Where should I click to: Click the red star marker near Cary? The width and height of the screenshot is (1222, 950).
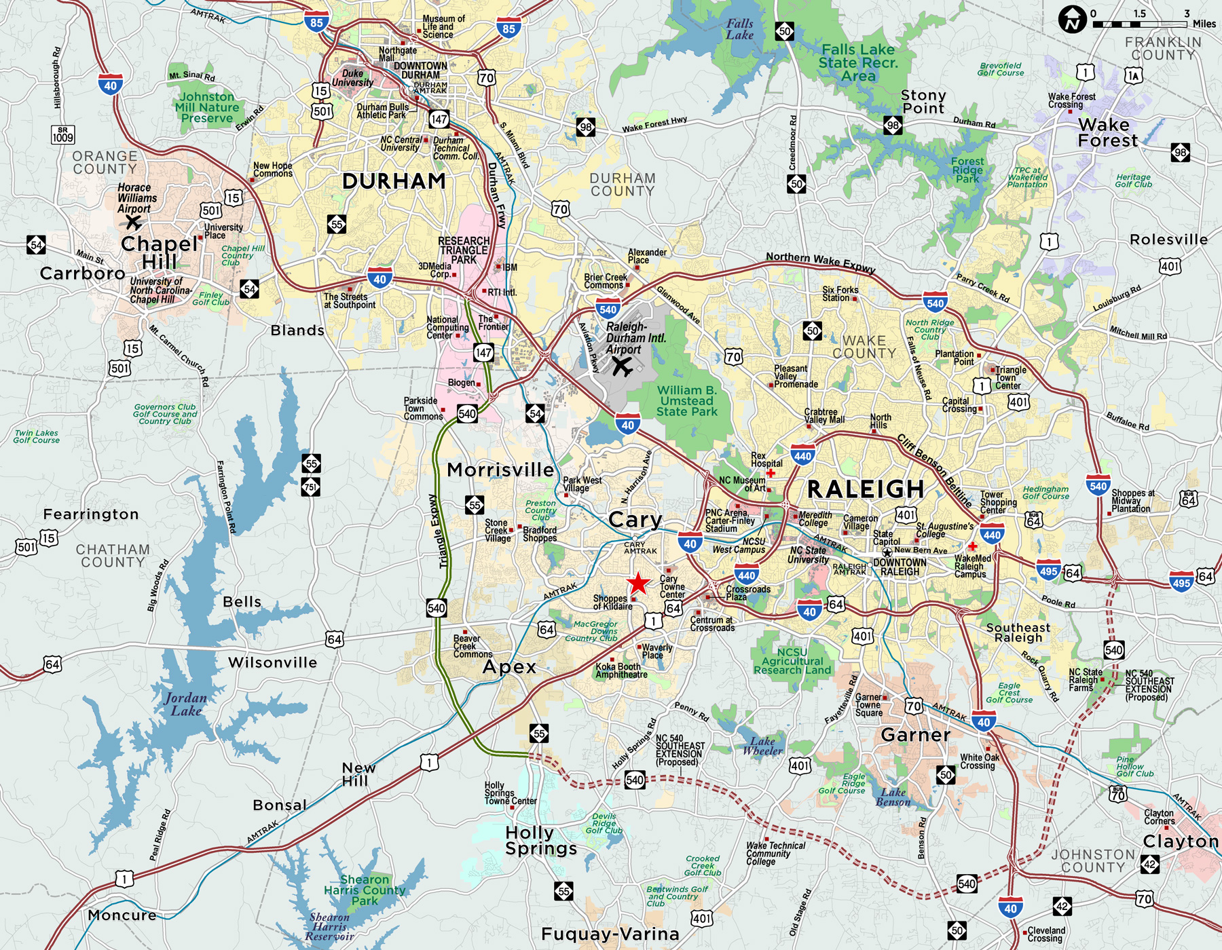pyautogui.click(x=637, y=584)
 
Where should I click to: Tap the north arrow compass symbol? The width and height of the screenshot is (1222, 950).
pyautogui.click(x=1073, y=19)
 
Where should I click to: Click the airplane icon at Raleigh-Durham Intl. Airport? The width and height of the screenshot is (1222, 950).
pyautogui.click(x=621, y=367)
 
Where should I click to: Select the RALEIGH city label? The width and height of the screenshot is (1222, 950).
pyautogui.click(x=866, y=489)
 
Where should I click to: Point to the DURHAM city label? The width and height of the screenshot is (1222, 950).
pyautogui.click(x=394, y=181)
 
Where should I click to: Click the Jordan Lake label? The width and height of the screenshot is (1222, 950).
pyautogui.click(x=185, y=704)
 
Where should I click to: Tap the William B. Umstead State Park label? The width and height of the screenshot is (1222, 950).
pyautogui.click(x=686, y=400)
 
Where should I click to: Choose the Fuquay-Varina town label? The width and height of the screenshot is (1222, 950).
pyautogui.click(x=610, y=934)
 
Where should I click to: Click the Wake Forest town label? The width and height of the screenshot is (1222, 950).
pyautogui.click(x=1107, y=133)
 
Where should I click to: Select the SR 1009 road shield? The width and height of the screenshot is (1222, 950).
pyautogui.click(x=62, y=134)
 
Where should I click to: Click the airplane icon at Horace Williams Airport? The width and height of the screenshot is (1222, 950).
pyautogui.click(x=134, y=222)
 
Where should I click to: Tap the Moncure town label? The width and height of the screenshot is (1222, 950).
pyautogui.click(x=122, y=915)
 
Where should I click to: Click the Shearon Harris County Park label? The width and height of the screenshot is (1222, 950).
pyautogui.click(x=365, y=890)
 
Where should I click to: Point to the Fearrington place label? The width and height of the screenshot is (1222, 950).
pyautogui.click(x=91, y=514)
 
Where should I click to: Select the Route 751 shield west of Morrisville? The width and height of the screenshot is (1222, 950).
pyautogui.click(x=311, y=487)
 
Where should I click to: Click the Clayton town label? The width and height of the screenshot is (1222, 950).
pyautogui.click(x=1181, y=841)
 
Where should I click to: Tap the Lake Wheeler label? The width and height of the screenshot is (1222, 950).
pyautogui.click(x=762, y=746)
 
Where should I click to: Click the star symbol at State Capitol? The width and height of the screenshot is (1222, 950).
pyautogui.click(x=887, y=553)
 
